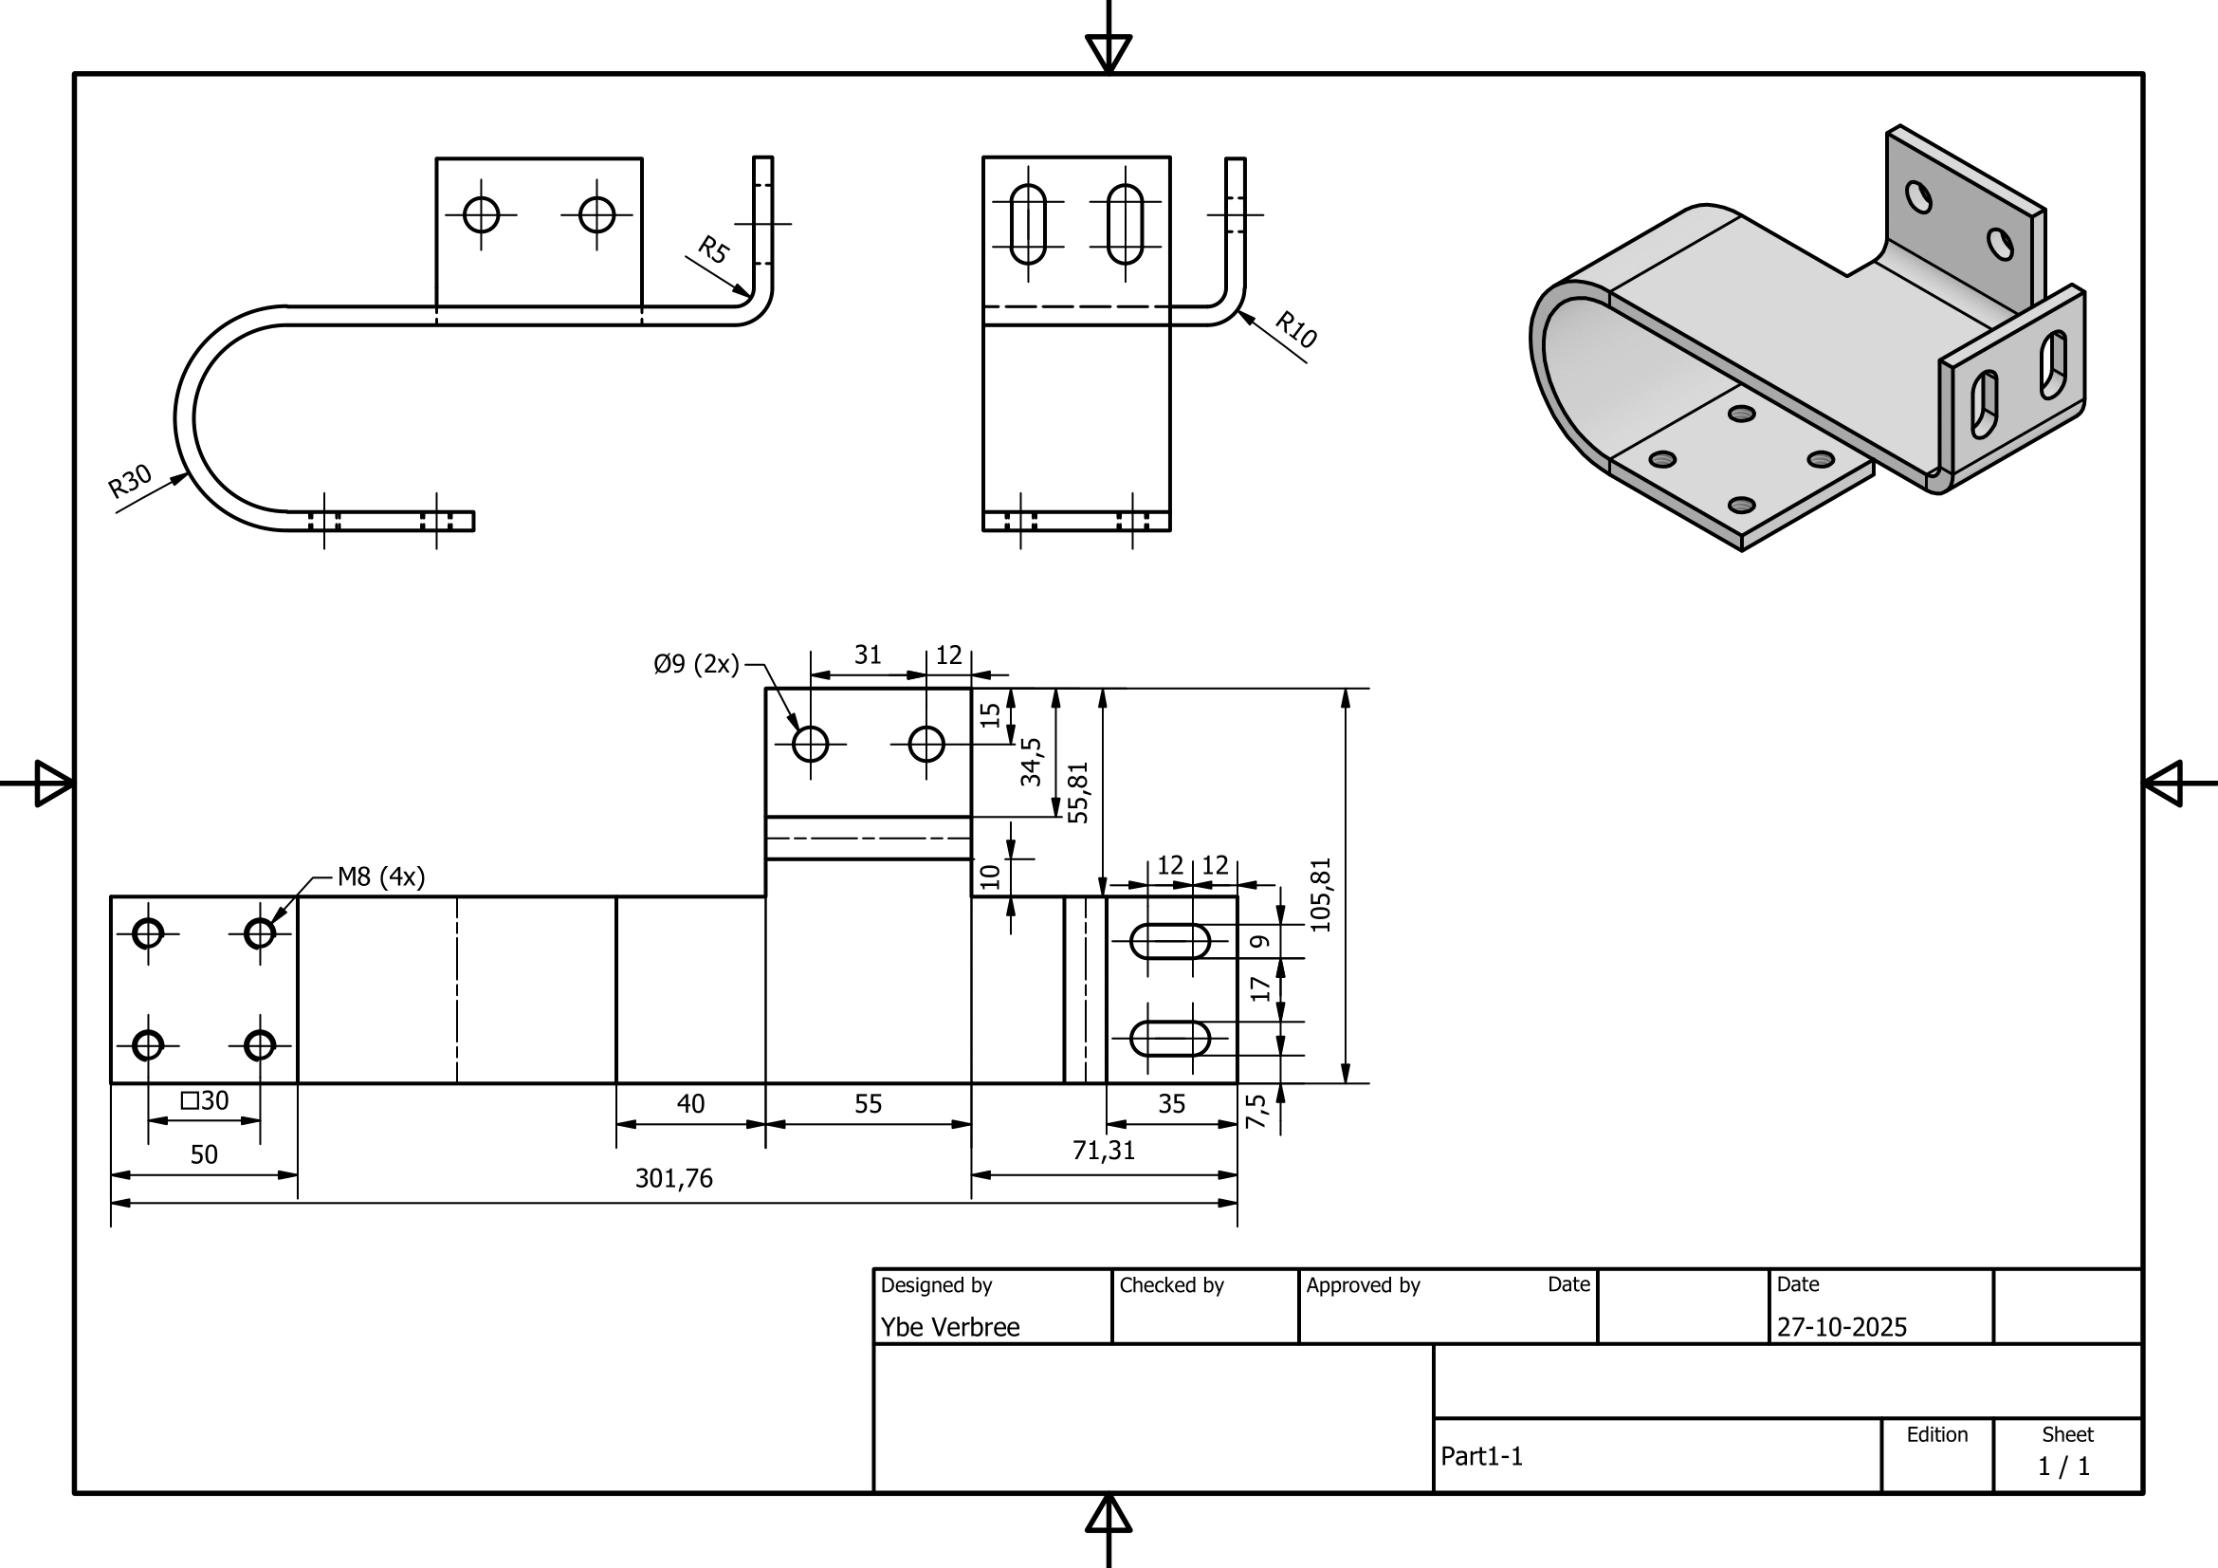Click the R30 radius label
[130, 480]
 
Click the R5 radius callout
[713, 250]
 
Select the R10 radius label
[1295, 329]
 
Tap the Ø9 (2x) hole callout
[695, 665]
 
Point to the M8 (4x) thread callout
[380, 877]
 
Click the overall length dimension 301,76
[673, 1179]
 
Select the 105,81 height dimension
[1321, 895]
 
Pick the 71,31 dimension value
[1103, 1151]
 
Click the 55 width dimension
[868, 1104]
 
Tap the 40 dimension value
[689, 1104]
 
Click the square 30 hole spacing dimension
[205, 1101]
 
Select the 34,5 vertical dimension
[1032, 762]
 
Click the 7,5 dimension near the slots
[1255, 1112]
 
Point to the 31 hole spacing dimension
[868, 656]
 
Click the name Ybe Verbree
[949, 1327]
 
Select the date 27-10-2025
[1842, 1327]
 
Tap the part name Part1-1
[1481, 1457]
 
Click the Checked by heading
[1171, 1286]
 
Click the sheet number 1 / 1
[2063, 1467]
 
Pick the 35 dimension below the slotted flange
[1171, 1104]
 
